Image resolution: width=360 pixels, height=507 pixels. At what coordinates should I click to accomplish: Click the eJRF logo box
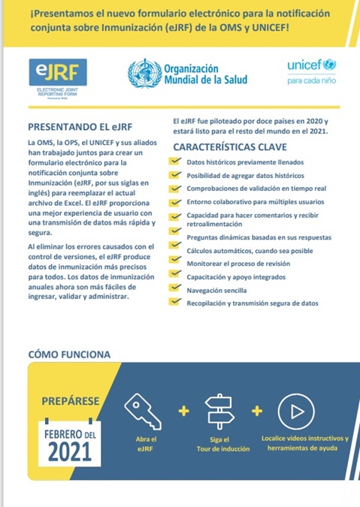click(57, 73)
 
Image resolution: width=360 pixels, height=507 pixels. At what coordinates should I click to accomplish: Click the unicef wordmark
click(304, 66)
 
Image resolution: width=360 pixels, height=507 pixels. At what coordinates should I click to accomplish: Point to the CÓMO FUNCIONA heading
click(69, 354)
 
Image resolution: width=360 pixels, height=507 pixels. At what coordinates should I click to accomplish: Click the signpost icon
click(219, 409)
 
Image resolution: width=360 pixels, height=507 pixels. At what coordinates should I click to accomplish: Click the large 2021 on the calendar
click(69, 454)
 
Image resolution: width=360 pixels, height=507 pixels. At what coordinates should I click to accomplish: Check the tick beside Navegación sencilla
click(174, 289)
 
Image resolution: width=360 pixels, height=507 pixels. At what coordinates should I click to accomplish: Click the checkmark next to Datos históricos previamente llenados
click(174, 162)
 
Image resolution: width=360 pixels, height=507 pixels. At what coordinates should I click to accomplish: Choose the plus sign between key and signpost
click(183, 410)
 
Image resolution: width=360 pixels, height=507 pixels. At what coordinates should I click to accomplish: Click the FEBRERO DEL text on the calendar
click(69, 434)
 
